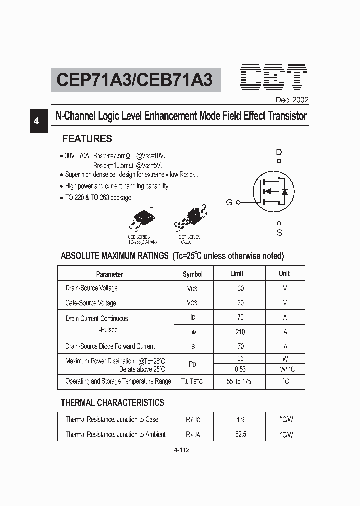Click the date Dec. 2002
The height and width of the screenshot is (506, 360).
pos(292,100)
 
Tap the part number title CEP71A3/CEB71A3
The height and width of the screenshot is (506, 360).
pos(135,80)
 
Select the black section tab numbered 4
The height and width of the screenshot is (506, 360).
pos(38,121)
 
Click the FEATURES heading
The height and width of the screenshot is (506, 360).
pos(87,139)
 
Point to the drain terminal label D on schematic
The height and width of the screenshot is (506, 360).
pos(279,152)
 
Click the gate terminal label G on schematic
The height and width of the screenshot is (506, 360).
pos(229,202)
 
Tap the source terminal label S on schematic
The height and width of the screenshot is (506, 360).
pos(279,232)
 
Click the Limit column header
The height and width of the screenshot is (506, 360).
pos(237,274)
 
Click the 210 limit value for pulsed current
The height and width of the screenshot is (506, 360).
pos(240,332)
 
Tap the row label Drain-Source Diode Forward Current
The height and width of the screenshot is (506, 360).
pos(110,346)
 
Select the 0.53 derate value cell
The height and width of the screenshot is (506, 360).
pos(240,369)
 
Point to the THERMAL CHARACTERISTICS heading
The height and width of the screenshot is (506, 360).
pos(112,402)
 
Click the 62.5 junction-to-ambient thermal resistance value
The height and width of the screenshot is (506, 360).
pos(240,434)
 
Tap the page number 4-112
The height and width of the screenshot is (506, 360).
pos(181,450)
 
